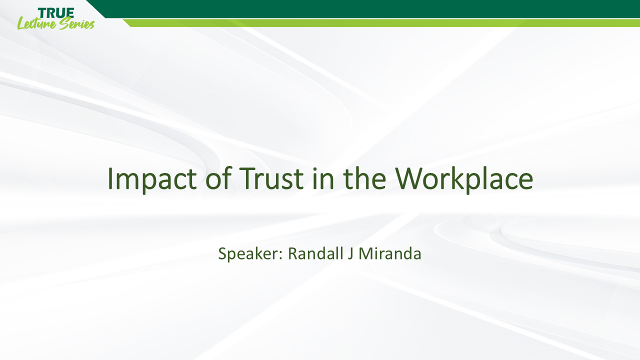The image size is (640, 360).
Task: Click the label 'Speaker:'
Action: [x=251, y=254]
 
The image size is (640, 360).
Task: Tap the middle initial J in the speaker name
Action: [x=351, y=253]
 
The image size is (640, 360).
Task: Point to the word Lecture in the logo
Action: [x=36, y=23]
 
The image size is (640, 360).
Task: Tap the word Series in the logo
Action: [x=76, y=23]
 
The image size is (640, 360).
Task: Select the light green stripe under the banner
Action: [x=380, y=22]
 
